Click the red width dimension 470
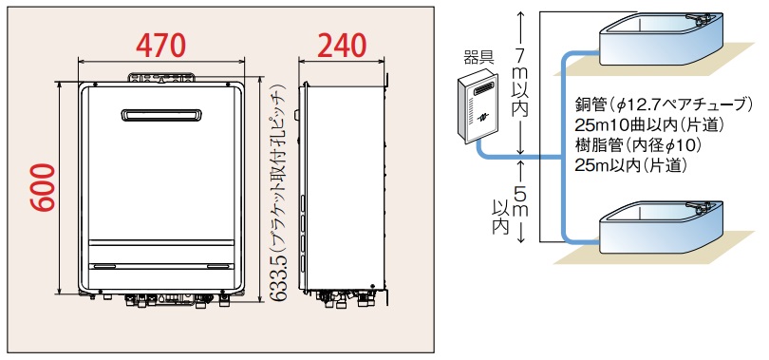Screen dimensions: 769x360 click(160, 46)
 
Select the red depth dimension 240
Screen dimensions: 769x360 click(342, 46)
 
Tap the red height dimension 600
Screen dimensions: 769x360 click(43, 187)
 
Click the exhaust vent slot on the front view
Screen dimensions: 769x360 click(161, 115)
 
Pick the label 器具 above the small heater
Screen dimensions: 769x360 click(478, 57)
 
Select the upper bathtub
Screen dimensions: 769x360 click(661, 39)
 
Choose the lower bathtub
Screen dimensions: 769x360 click(661, 227)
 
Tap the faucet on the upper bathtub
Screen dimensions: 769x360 click(699, 19)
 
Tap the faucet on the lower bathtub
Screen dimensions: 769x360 click(699, 207)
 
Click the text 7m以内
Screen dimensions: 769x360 click(521, 82)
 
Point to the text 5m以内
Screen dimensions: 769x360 click(510, 211)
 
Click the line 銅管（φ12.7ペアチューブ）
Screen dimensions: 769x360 click(664, 104)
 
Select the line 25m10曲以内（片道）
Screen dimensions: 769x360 click(649, 125)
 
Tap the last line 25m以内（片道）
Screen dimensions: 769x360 click(629, 165)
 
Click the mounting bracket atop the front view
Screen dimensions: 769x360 click(161, 78)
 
